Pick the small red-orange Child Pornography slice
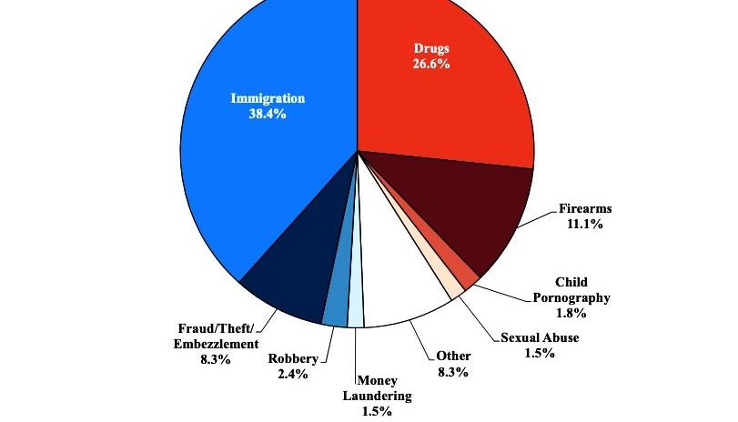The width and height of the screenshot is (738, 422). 466,276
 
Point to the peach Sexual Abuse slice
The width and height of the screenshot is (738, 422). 452,287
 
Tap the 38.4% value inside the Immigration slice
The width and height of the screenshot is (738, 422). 268,115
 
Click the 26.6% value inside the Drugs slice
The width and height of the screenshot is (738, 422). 431,64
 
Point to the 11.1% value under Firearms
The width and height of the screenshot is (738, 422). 585,224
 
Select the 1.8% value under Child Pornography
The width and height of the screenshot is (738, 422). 571,313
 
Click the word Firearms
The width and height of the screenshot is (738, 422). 585,209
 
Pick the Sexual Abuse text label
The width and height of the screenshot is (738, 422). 540,338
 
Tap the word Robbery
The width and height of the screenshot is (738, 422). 293,358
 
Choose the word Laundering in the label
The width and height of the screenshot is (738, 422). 378,396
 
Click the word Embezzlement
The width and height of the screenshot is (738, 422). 217,344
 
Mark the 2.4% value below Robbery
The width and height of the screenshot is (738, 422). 293,374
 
